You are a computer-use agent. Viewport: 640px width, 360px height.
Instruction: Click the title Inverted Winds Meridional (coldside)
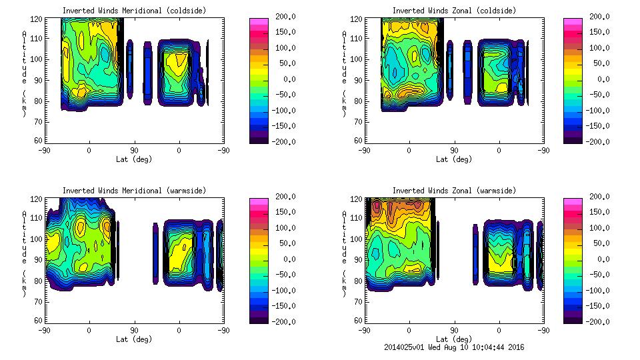click(x=134, y=11)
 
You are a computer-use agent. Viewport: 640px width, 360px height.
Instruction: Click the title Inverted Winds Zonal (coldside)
click(x=453, y=11)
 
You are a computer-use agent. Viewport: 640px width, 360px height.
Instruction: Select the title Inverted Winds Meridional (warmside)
click(x=134, y=191)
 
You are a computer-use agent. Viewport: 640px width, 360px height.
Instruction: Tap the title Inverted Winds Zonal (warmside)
click(x=453, y=191)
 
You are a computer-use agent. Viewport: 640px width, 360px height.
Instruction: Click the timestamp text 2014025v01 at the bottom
click(x=406, y=347)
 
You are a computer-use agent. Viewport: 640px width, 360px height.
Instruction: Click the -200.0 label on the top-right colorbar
click(x=599, y=141)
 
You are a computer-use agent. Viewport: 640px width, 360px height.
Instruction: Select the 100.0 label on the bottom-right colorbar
click(x=599, y=227)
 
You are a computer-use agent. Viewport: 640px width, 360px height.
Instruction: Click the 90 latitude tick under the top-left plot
click(x=134, y=151)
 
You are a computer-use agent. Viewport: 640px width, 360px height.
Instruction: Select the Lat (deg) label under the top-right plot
click(x=453, y=159)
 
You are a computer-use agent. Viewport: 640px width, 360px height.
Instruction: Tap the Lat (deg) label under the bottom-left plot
click(x=134, y=339)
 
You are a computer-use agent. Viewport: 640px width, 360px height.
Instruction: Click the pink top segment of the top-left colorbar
click(x=258, y=21)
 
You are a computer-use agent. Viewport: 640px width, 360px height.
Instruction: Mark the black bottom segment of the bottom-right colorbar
click(x=572, y=319)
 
